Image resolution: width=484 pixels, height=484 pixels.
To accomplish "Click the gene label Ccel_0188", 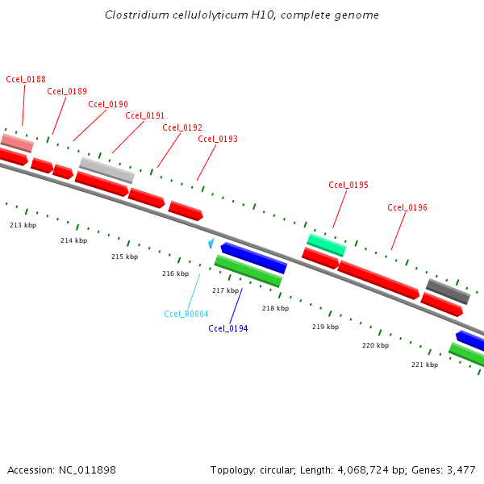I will [26, 79].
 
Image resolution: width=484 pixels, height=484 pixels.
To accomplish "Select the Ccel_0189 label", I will [67, 91].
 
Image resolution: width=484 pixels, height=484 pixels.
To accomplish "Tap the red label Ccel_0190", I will [108, 104].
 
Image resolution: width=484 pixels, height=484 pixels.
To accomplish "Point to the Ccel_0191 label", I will [145, 115].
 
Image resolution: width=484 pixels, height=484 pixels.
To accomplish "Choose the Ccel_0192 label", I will [182, 127].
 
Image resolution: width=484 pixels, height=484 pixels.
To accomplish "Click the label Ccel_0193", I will [218, 139].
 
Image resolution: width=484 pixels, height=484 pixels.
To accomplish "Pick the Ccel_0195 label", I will [348, 185].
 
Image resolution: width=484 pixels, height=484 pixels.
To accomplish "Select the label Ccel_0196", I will [407, 207].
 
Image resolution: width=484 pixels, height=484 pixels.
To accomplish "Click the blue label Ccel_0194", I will [228, 328].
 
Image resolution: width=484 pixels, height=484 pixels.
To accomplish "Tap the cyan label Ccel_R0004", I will [186, 314].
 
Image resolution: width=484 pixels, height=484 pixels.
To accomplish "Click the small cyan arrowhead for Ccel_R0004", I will [211, 243].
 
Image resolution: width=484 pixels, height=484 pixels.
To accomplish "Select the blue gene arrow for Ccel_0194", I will [253, 258].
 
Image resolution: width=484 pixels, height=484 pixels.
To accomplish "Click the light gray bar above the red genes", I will [106, 170].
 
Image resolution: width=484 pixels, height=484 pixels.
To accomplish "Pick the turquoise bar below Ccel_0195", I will [326, 244].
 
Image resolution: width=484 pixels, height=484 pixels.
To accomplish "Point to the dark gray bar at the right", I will [448, 291].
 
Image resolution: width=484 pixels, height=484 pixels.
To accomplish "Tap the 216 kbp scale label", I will [175, 273].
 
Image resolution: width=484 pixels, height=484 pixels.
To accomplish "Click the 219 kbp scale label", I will [325, 327].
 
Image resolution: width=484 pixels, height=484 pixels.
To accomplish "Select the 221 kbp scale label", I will [424, 365].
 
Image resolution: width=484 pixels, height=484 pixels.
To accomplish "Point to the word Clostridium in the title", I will [134, 15].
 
